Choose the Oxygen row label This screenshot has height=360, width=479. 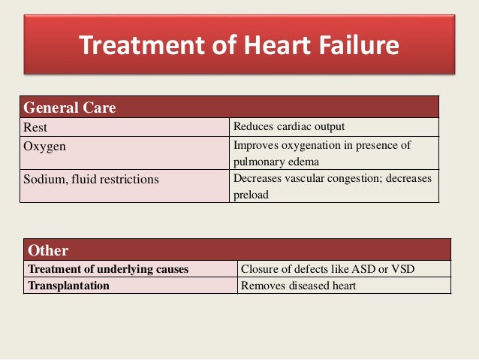click(x=45, y=147)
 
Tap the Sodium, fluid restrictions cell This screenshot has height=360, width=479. click(x=91, y=180)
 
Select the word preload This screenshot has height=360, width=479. click(x=252, y=194)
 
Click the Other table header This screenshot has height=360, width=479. click(x=48, y=250)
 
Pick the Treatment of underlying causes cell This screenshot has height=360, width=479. click(x=108, y=269)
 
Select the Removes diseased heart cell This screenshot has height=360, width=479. click(x=297, y=286)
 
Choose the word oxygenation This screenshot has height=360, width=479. click(x=311, y=146)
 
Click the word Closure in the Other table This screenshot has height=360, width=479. click(x=260, y=269)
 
